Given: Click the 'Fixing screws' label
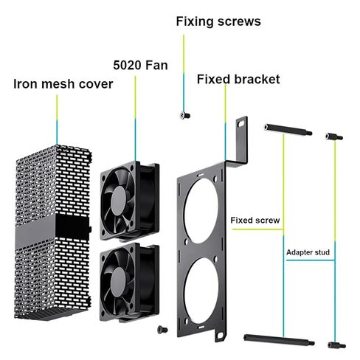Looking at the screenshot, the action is click(x=218, y=21).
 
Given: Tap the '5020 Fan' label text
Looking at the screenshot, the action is click(x=140, y=65).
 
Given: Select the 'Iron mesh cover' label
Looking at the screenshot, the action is click(x=63, y=84).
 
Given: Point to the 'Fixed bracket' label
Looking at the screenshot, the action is click(x=238, y=79).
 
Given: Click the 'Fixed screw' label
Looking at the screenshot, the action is click(x=255, y=220).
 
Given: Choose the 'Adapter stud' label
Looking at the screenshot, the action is click(x=308, y=252).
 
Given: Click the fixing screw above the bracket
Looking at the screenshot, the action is click(x=185, y=115).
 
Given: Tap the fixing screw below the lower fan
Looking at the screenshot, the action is click(x=162, y=329).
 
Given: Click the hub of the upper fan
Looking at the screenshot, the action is click(x=119, y=200).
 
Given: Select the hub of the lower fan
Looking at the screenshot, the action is click(x=119, y=282).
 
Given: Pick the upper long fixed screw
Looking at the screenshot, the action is click(x=288, y=130).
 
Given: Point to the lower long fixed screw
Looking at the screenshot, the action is click(x=279, y=339).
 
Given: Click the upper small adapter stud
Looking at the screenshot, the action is click(x=334, y=136).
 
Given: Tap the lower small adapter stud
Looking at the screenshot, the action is click(x=336, y=345).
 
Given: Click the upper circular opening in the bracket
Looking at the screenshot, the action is click(x=201, y=211).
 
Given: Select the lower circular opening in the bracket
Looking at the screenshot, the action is click(x=201, y=291).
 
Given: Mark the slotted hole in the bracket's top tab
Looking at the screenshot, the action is click(x=242, y=123).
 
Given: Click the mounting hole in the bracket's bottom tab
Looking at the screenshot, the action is click(x=220, y=335).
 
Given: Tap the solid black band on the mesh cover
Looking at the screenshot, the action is click(x=53, y=229).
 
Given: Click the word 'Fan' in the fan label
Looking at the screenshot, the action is click(x=156, y=65).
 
